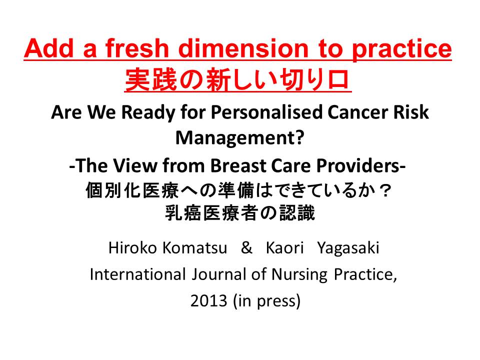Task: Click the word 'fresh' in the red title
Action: (x=137, y=48)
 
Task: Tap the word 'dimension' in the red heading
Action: (x=243, y=48)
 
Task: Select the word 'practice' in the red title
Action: (x=401, y=50)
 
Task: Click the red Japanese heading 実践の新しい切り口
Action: (x=238, y=80)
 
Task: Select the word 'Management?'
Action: (x=239, y=138)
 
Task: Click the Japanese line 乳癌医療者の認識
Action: (x=240, y=213)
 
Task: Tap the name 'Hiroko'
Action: (x=132, y=247)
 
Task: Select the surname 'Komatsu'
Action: (x=194, y=247)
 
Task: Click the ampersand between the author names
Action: (x=246, y=247)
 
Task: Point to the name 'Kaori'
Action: (x=284, y=247)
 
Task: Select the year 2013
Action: (x=208, y=301)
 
